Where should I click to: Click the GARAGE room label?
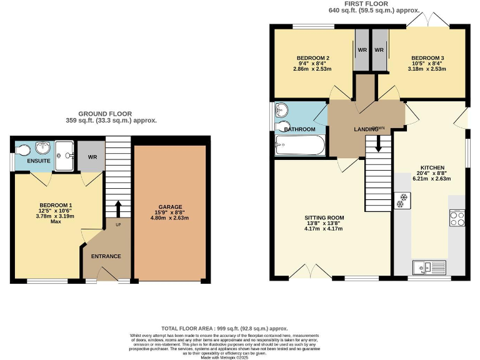[170, 207]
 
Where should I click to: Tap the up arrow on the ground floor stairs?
[118, 207]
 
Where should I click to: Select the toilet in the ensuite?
[24, 150]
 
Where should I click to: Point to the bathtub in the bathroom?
[300, 147]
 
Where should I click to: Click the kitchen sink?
[428, 267]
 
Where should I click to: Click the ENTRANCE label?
[106, 256]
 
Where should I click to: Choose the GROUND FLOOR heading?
[111, 114]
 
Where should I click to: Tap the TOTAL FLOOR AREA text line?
[225, 328]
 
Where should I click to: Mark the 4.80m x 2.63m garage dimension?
[170, 219]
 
